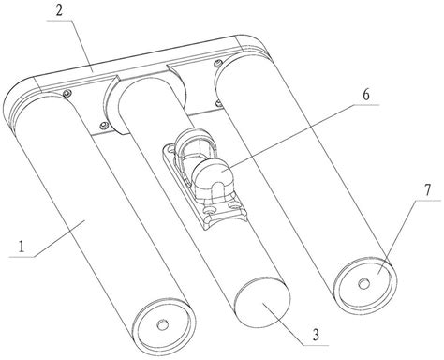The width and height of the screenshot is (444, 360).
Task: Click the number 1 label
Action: (x=21, y=247)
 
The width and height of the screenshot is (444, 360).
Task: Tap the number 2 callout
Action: (x=60, y=10)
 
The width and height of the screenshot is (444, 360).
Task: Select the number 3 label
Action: (x=316, y=335)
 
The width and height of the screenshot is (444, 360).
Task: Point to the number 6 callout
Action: (x=366, y=95)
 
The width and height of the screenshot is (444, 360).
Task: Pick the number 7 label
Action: (x=427, y=189)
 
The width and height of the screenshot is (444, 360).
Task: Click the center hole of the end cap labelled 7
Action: (x=363, y=284)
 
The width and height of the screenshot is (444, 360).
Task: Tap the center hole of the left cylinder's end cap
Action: (x=162, y=325)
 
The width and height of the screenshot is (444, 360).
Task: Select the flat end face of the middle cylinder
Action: (x=263, y=302)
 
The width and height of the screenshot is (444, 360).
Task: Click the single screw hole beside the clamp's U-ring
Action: (x=170, y=151)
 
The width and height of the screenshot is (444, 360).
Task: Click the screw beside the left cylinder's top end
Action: (x=67, y=93)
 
